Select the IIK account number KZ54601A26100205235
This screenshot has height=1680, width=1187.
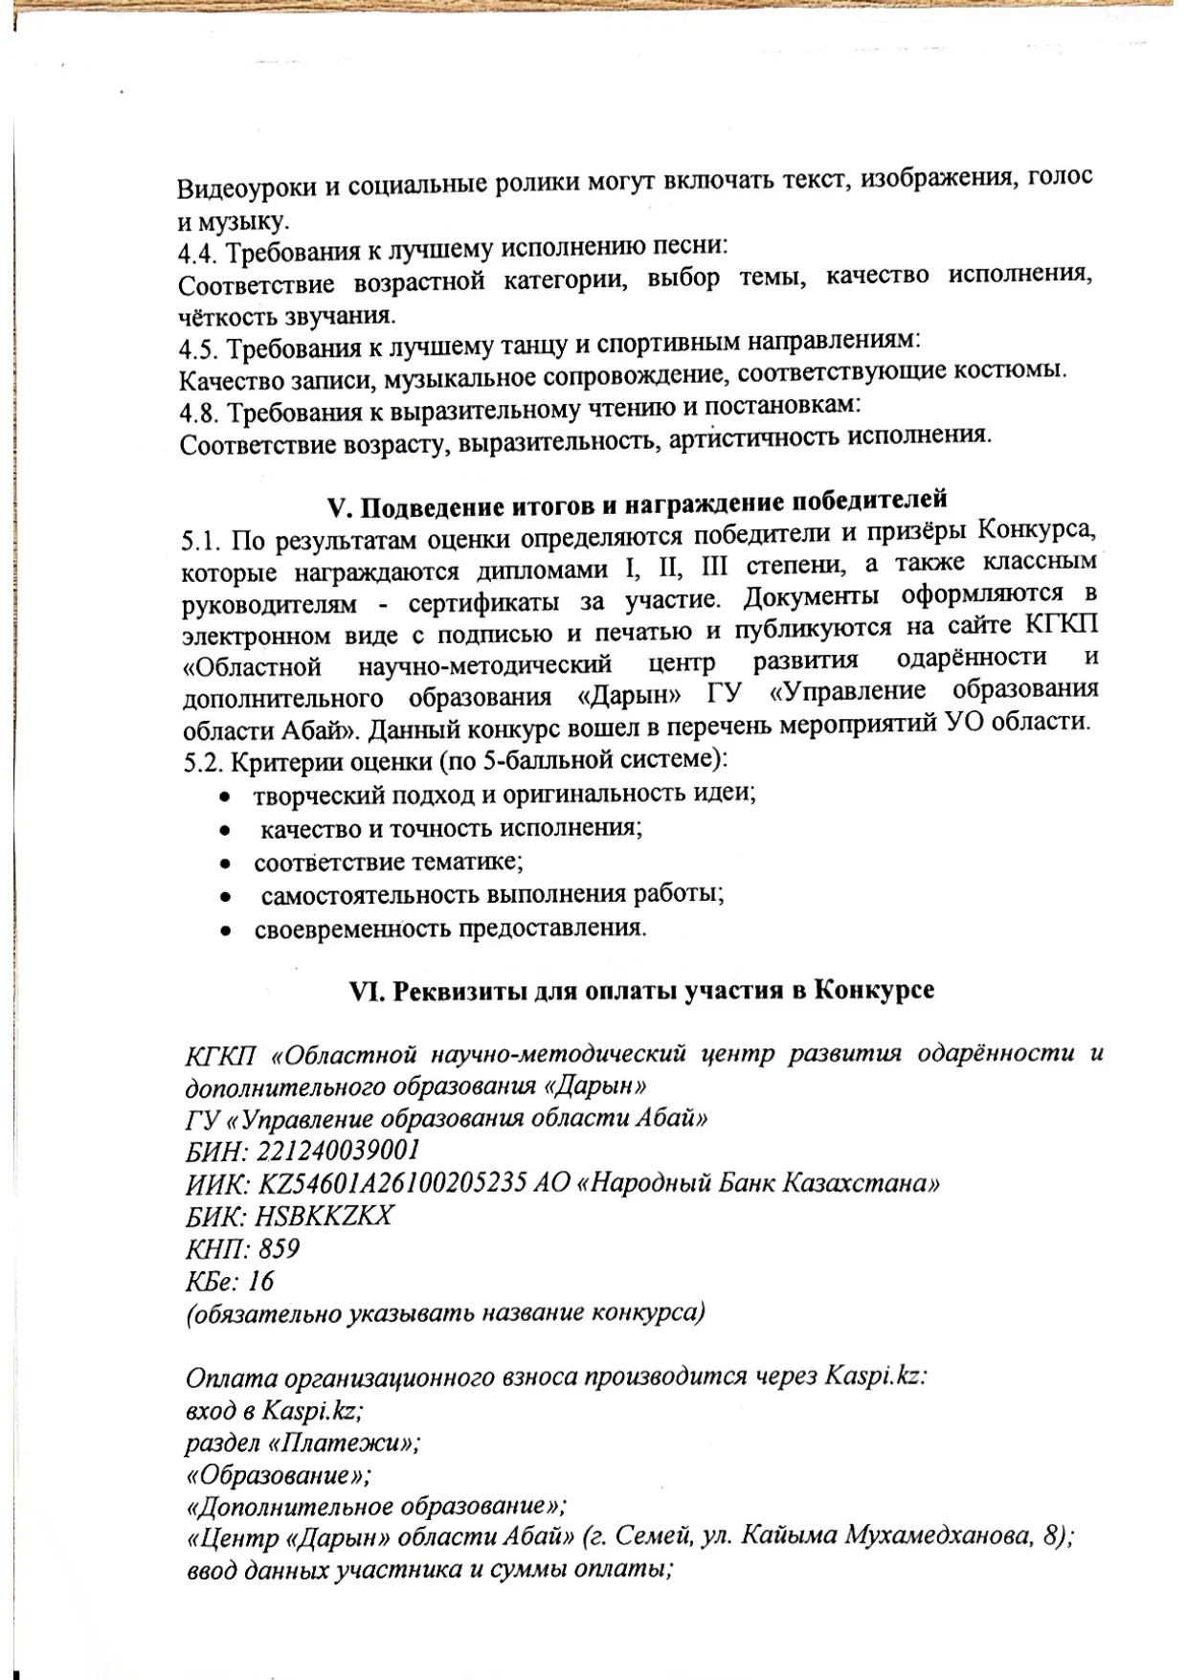click(392, 1183)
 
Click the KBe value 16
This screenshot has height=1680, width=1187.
click(260, 1281)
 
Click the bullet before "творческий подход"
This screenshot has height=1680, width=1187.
click(224, 796)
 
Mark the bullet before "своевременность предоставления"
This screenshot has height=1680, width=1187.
click(224, 930)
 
